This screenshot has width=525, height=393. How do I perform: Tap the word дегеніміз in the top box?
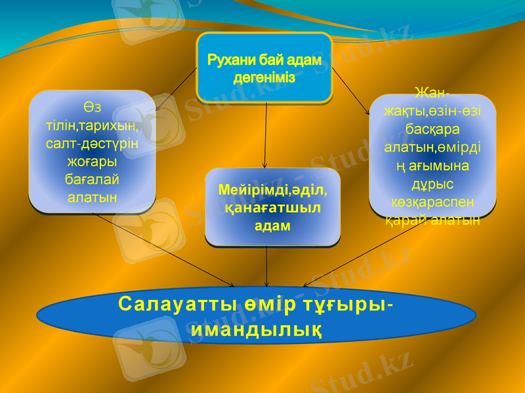click(264, 77)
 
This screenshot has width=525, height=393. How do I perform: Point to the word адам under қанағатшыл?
click(272, 225)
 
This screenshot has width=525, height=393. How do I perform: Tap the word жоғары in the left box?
click(92, 160)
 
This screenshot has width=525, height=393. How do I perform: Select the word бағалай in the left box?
click(92, 178)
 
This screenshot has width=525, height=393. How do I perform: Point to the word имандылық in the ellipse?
click(257, 327)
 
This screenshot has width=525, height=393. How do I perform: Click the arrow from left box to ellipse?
click(164, 250)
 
